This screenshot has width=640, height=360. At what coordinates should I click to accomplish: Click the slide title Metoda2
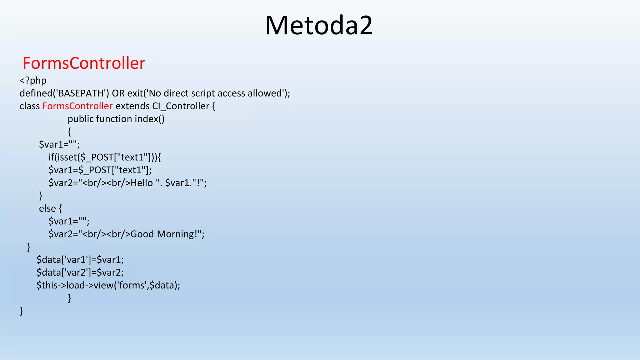point(319,26)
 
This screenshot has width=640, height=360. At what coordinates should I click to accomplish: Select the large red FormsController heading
point(84,63)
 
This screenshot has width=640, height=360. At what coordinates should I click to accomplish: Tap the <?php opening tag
point(33,81)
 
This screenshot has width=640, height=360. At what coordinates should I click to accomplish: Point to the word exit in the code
point(135,93)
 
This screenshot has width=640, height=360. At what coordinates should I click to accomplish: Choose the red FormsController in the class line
point(77,106)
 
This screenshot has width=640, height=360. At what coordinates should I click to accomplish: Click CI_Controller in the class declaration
point(181,106)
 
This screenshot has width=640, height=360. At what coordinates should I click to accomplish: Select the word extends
point(132,106)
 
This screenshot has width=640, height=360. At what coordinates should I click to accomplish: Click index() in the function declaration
point(149,119)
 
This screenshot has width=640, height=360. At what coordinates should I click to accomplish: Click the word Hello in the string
point(142,183)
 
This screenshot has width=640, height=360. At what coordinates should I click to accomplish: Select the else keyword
point(47,208)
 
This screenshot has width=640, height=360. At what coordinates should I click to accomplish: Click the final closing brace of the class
point(21,311)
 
